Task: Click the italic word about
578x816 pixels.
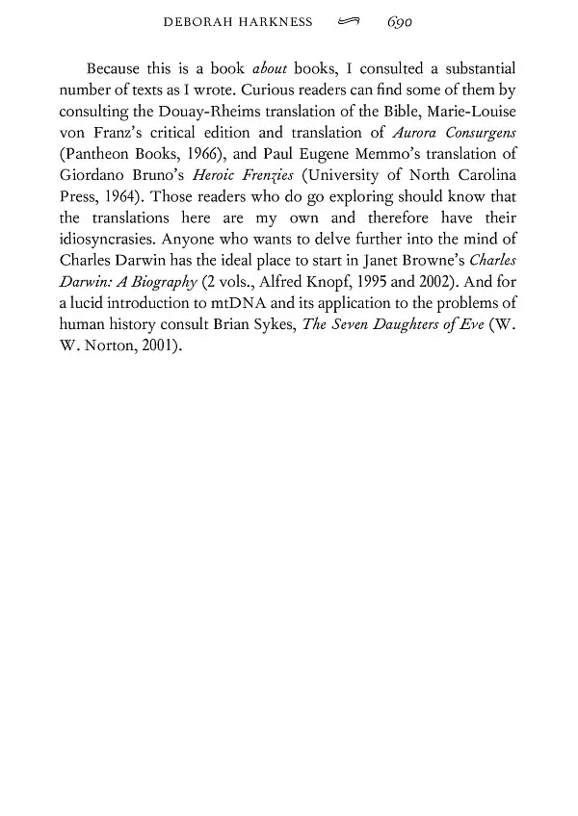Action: coord(270,69)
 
